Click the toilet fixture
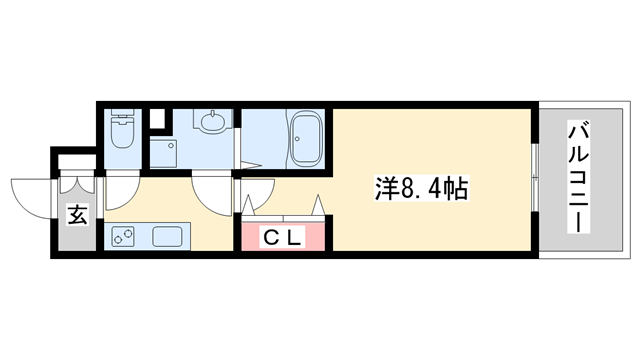click(x=121, y=133)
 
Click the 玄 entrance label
click(x=76, y=213)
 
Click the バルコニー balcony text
click(x=579, y=178)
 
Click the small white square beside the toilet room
click(x=155, y=119)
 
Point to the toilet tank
click(x=120, y=114)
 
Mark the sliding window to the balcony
click(x=537, y=180)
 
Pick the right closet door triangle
click(x=320, y=206)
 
